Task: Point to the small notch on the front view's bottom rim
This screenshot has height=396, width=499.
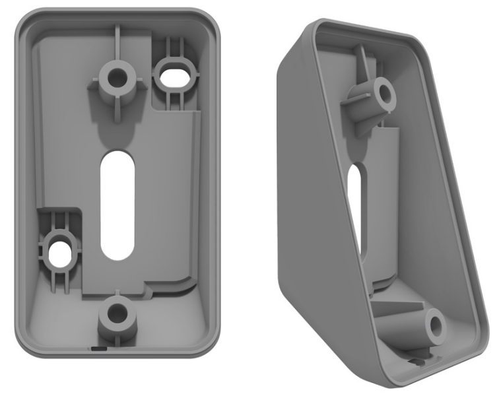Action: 98,346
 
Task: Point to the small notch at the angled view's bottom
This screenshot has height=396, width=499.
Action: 415,361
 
